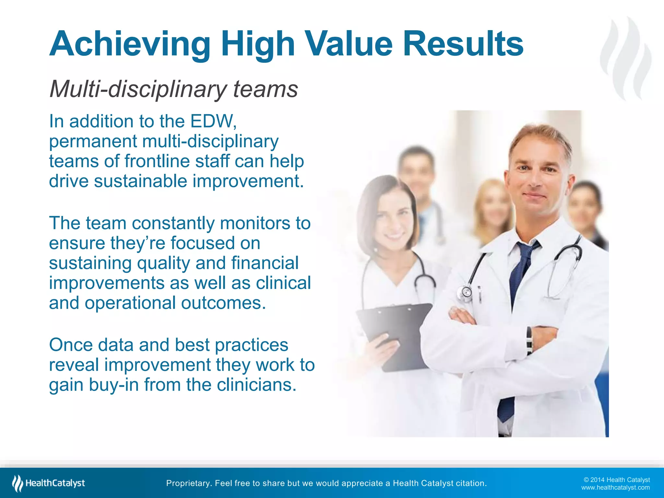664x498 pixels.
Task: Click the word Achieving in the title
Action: [130, 44]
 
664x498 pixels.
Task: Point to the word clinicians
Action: [256, 385]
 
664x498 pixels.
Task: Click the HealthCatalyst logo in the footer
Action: [49, 483]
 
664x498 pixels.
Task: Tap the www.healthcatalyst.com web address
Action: [615, 488]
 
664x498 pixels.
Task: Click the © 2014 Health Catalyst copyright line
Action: [617, 480]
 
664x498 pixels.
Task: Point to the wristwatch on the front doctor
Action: [529, 340]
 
